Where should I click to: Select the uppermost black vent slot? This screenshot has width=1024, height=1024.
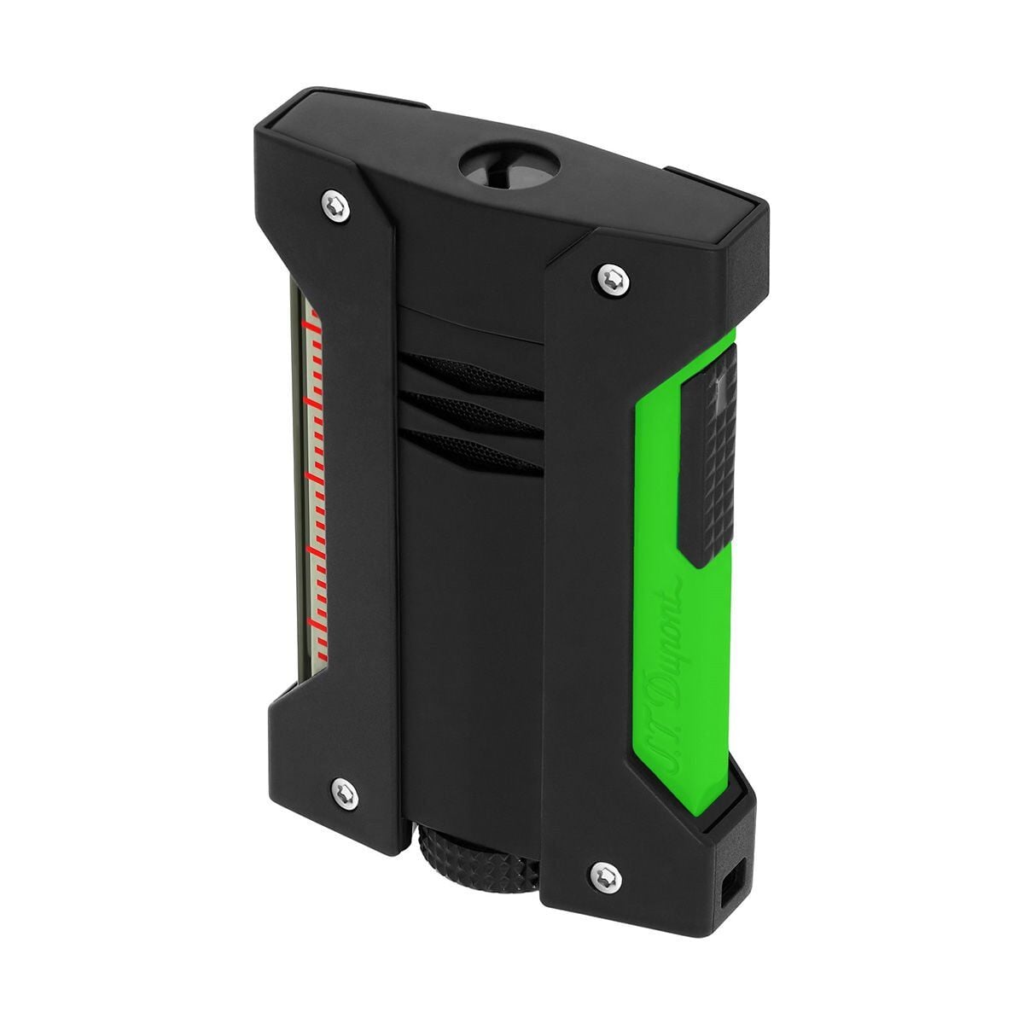click(471, 375)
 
